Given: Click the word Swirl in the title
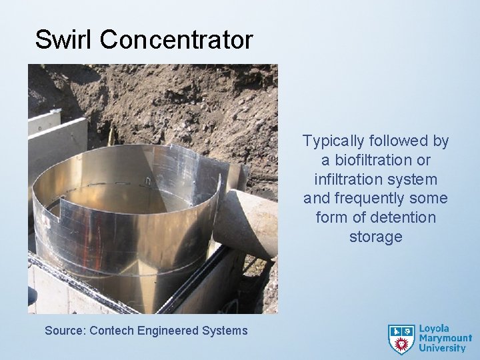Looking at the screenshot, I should tap(64, 39).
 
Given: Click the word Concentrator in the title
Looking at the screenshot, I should tap(176, 39).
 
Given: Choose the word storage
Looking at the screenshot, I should tap(375, 237).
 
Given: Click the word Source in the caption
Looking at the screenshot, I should tap(65, 330).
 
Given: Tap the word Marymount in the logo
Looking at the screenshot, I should tap(445, 339).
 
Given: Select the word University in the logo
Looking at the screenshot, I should tap(443, 349).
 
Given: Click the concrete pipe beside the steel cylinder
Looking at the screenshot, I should tap(251, 220).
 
